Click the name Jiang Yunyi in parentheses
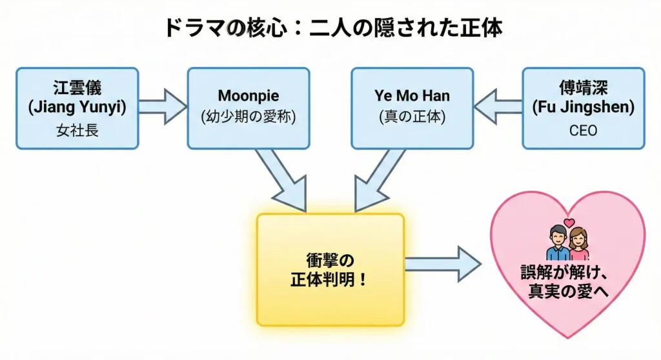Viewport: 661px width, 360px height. tap(77, 107)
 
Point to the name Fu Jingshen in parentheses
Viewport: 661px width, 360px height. tap(582, 107)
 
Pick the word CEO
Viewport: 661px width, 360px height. tap(582, 131)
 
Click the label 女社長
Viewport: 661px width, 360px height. tap(77, 131)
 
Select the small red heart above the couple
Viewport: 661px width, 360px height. tap(569, 223)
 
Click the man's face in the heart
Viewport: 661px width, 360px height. tap(556, 237)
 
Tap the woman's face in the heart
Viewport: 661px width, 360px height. tap(579, 237)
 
